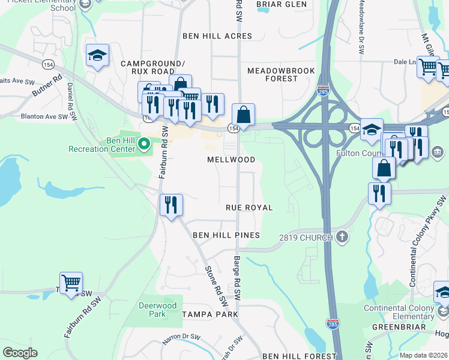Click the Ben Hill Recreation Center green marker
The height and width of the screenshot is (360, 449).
(x=144, y=143)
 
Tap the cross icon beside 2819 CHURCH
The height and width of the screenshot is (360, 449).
(x=342, y=237)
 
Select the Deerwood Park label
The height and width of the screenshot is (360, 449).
(x=157, y=310)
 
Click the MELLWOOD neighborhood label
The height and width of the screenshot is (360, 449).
(x=231, y=160)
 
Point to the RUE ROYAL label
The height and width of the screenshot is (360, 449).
(x=249, y=208)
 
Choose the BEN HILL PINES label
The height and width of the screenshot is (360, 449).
(x=226, y=235)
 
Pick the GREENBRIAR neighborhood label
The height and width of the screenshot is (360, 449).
(x=399, y=328)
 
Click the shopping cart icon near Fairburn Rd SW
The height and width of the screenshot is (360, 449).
(x=71, y=281)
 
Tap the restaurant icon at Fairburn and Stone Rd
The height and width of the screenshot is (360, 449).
(x=171, y=205)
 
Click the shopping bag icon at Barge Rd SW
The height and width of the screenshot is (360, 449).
(x=243, y=113)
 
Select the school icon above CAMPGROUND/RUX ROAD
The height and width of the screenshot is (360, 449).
(x=97, y=55)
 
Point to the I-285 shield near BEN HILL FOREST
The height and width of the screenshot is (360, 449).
(x=333, y=324)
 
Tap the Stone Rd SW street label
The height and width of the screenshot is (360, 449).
(x=217, y=284)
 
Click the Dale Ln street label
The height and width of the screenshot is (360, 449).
(x=405, y=61)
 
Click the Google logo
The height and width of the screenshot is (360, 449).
(x=20, y=352)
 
